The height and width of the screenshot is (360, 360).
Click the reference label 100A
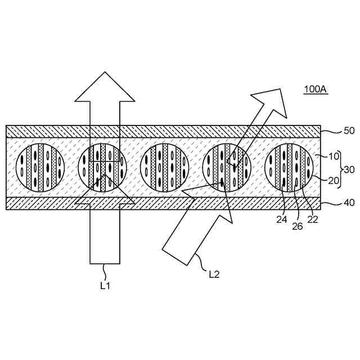(x=315, y=89)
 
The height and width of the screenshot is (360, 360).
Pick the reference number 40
(x=349, y=203)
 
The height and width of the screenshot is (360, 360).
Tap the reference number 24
(x=282, y=219)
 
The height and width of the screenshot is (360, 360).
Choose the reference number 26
(x=298, y=227)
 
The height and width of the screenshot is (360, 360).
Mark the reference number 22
(x=313, y=219)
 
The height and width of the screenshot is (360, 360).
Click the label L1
(x=105, y=285)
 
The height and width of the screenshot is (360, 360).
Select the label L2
(x=214, y=274)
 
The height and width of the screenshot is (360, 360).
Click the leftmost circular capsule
(x=39, y=168)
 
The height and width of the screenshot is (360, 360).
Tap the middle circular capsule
(x=165, y=168)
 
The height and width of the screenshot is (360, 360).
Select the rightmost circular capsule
(x=290, y=168)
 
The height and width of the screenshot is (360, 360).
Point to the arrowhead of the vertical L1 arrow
(x=105, y=87)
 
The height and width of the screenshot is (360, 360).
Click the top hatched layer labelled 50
(x=163, y=131)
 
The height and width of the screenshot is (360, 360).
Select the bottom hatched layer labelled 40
(x=163, y=203)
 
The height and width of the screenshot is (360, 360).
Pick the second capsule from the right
(x=227, y=168)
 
